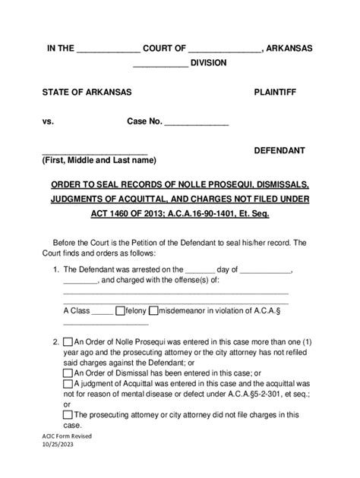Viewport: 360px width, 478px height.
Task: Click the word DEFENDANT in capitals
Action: [279, 150]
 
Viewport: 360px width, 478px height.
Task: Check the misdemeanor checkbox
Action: [153, 310]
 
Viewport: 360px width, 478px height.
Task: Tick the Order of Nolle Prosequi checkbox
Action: [68, 342]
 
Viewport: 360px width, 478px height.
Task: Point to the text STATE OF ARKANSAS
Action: [87, 92]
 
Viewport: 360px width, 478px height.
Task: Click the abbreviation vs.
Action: [49, 121]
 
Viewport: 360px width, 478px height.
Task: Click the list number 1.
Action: [55, 269]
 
